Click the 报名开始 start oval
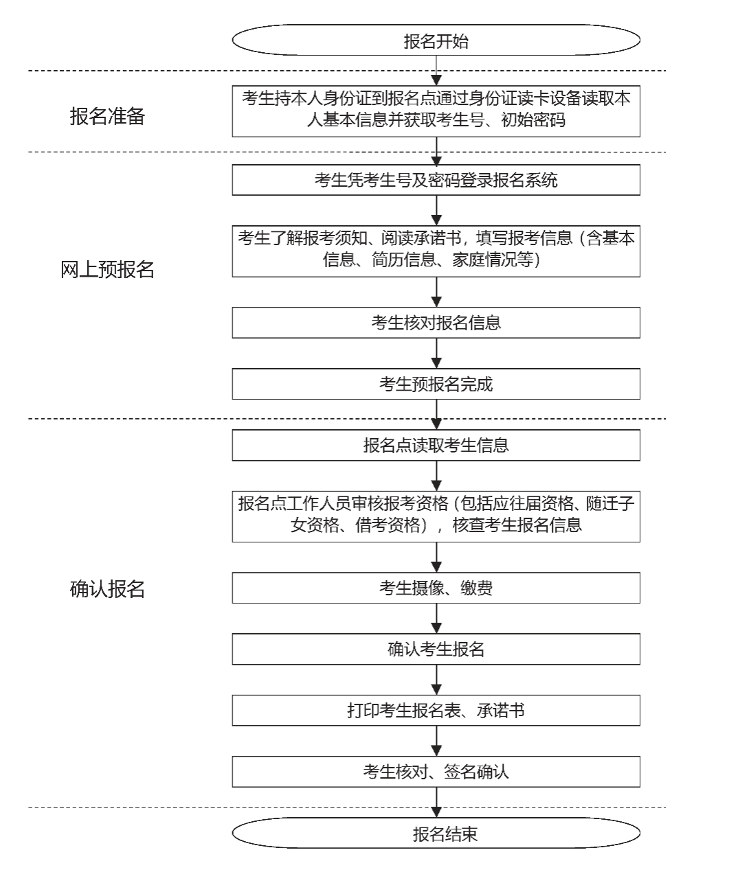(x=436, y=41)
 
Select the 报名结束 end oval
(x=436, y=834)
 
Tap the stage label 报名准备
(x=107, y=116)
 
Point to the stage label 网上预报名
(x=107, y=270)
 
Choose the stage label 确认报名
(x=107, y=589)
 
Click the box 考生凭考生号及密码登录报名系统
(x=436, y=181)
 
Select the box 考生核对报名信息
(x=436, y=323)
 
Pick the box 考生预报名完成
(x=436, y=384)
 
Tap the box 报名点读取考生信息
(x=436, y=446)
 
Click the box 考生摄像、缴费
(x=436, y=588)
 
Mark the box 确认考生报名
(x=436, y=649)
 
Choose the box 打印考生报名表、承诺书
(x=436, y=711)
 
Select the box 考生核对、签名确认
(x=436, y=772)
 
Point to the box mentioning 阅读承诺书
(x=436, y=250)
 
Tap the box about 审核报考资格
(x=436, y=516)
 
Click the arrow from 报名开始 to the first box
(x=436, y=71)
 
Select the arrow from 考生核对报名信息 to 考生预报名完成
(x=436, y=354)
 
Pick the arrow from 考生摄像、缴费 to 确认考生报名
(x=436, y=619)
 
